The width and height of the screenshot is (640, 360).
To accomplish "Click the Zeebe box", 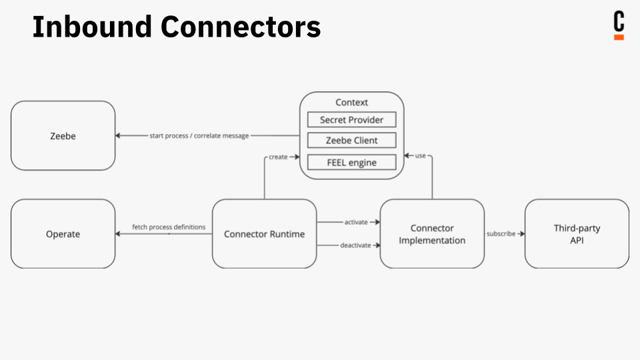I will pyautogui.click(x=63, y=135).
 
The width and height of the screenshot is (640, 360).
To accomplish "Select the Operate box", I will pyautogui.click(x=63, y=234).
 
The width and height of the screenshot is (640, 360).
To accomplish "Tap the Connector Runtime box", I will pyautogui.click(x=264, y=234).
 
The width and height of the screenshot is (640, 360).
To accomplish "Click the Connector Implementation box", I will pyautogui.click(x=432, y=234).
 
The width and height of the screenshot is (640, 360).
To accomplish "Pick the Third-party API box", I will pyautogui.click(x=577, y=234).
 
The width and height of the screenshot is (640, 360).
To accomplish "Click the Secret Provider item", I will pyautogui.click(x=351, y=120).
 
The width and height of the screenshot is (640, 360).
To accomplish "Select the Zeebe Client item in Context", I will pyautogui.click(x=351, y=141).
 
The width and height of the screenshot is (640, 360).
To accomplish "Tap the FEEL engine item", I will pyautogui.click(x=351, y=162).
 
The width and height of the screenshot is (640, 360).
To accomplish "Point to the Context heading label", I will pyautogui.click(x=351, y=103).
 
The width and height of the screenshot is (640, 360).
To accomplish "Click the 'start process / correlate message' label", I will pyautogui.click(x=199, y=136).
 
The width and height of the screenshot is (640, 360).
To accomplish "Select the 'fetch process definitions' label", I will pyautogui.click(x=168, y=227).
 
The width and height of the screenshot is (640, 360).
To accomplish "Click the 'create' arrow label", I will pyautogui.click(x=278, y=157).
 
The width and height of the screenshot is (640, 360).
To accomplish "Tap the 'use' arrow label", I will pyautogui.click(x=420, y=156).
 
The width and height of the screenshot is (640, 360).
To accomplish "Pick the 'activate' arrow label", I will pyautogui.click(x=355, y=222).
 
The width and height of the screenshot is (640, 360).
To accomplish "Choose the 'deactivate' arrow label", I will pyautogui.click(x=355, y=245).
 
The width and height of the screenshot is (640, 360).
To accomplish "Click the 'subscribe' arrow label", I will pyautogui.click(x=501, y=234).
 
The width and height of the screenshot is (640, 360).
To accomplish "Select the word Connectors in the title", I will pyautogui.click(x=241, y=27).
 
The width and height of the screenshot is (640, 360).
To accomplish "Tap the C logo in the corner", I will pyautogui.click(x=619, y=25).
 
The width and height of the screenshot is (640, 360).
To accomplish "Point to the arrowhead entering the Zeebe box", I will pyautogui.click(x=119, y=136).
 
